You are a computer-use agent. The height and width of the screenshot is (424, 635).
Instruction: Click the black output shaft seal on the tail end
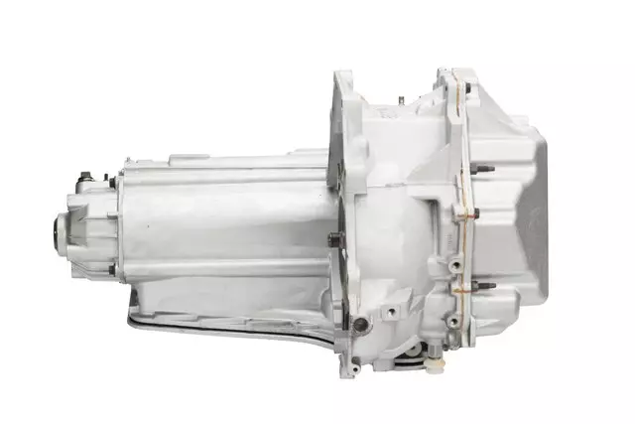coord(50,235)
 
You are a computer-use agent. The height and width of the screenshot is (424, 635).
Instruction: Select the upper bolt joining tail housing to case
coord(112,183)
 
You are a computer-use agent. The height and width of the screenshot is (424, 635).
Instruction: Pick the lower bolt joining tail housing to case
coord(112,268)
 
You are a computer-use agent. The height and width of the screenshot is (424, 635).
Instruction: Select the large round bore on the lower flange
coord(361,325)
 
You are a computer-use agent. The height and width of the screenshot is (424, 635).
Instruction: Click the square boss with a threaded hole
coord(392,312)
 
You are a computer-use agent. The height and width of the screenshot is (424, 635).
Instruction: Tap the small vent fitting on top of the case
coord(399,99)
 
